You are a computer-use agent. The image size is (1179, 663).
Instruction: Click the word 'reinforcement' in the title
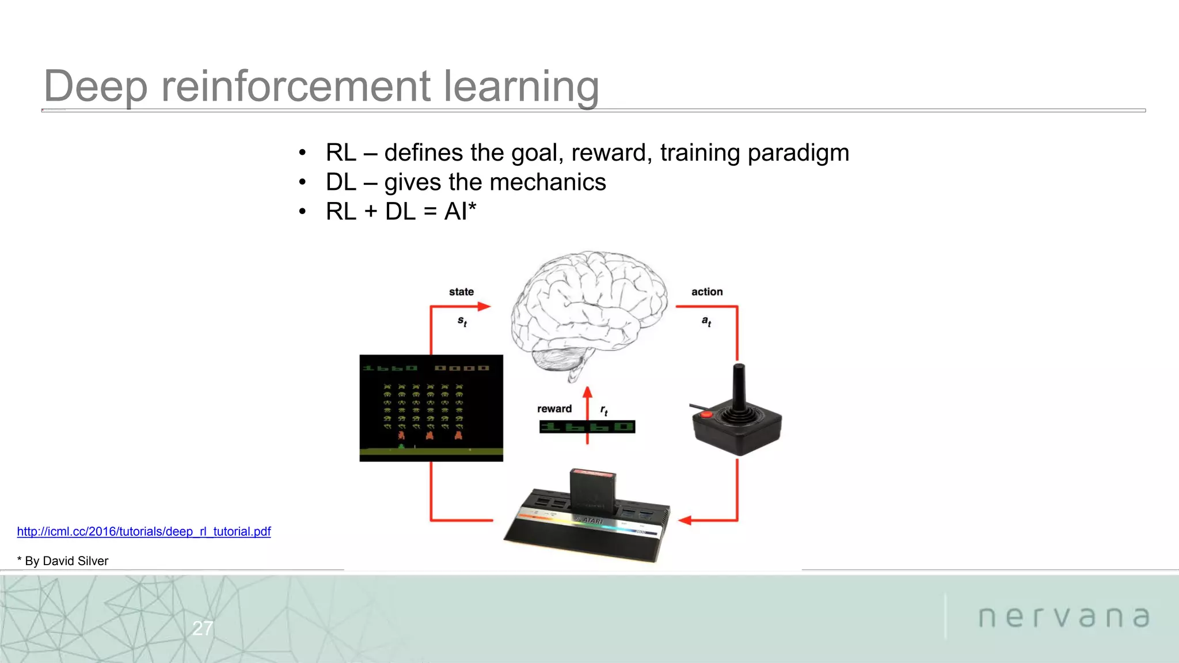296,86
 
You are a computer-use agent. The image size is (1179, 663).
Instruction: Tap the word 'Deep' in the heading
96,86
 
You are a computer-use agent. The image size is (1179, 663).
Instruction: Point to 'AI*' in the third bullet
460,211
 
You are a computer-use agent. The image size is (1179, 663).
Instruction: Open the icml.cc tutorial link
144,531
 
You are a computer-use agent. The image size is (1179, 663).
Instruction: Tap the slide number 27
203,628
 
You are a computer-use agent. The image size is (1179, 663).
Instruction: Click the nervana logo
1064,617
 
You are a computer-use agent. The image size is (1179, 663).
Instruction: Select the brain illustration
588,311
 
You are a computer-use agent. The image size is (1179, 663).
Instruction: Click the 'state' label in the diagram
461,292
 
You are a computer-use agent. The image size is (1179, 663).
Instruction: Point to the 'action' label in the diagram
707,292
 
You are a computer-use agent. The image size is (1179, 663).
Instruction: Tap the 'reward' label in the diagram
554,409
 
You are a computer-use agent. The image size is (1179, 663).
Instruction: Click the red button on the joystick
706,414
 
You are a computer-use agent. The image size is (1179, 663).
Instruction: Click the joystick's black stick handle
739,383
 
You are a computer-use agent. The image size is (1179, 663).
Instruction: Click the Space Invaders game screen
431,407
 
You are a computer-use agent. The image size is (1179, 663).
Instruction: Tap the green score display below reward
587,427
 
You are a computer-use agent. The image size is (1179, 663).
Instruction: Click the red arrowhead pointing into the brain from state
485,307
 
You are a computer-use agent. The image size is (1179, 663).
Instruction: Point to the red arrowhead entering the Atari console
684,520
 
